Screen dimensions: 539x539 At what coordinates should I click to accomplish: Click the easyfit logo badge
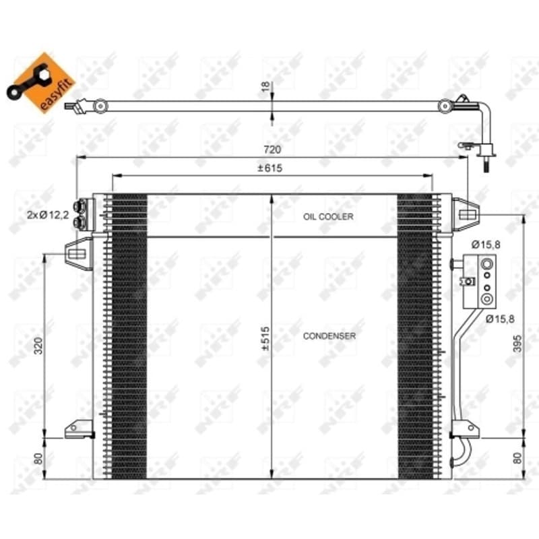pyautogui.click(x=40, y=83)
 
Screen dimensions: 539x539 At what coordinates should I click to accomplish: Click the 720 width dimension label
pyautogui.click(x=272, y=150)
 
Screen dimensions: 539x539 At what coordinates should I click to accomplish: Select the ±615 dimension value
pyautogui.click(x=270, y=168)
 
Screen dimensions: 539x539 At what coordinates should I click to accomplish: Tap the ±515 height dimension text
pyautogui.click(x=265, y=338)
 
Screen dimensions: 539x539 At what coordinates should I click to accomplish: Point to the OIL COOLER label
pyautogui.click(x=328, y=216)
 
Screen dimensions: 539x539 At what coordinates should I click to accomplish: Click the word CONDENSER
pyautogui.click(x=329, y=336)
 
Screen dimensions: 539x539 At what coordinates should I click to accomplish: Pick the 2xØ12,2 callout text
pyautogui.click(x=48, y=215)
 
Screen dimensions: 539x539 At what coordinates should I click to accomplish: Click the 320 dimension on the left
pyautogui.click(x=38, y=346)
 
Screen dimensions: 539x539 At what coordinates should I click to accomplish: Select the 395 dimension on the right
pyautogui.click(x=517, y=344)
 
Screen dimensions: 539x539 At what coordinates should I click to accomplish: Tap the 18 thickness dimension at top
pyautogui.click(x=265, y=86)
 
